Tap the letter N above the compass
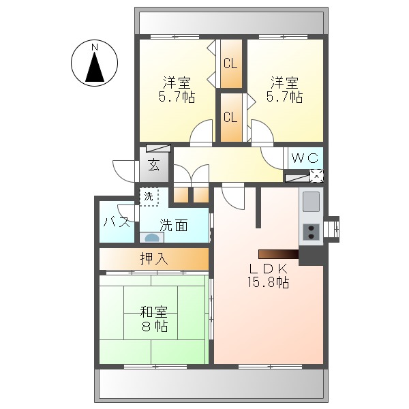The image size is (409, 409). coord(95,47)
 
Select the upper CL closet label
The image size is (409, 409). coord(230,65)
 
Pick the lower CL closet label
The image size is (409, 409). coord(230,117)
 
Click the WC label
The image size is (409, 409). coord(304,158)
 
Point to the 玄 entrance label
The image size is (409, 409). coord(154,166)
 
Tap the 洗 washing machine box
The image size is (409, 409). coord(149,196)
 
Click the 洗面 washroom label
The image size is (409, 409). coord(174,225)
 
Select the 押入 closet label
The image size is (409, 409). coord(154,259)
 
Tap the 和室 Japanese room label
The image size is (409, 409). coord(154,312)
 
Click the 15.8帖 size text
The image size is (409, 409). coord(268,282)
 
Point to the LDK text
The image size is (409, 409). coord(268,268)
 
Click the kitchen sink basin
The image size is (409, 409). coord(311,202)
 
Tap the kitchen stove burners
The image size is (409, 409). coord(311,232)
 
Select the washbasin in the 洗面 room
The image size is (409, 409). coord(151,238)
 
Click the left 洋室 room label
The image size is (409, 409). coord(177,83)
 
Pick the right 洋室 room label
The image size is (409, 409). coord(284,83)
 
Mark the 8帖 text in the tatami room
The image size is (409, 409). coord(154,327)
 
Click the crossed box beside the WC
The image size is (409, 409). coord(316,175)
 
